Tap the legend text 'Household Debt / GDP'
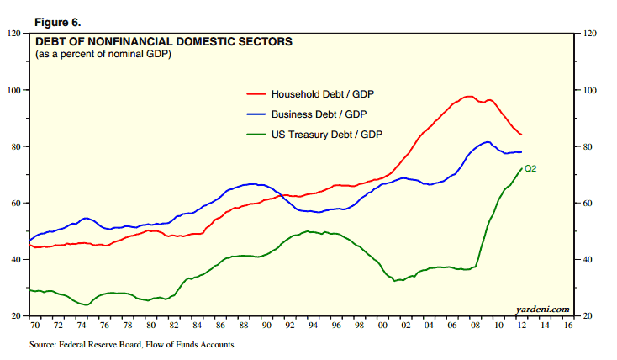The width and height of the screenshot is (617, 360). pos(321,93)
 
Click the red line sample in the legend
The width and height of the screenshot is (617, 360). pos(255,93)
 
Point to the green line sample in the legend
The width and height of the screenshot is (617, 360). pos(255,134)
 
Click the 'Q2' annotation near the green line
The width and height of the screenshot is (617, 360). pos(530,169)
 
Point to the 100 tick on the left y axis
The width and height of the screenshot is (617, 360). pos(14,90)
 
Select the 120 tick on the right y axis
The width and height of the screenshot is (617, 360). pos(588,34)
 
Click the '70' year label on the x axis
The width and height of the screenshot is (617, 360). pos(36,325)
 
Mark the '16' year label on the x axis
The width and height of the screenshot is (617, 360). pos(568,325)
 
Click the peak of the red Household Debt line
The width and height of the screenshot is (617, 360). pos(468,96)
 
